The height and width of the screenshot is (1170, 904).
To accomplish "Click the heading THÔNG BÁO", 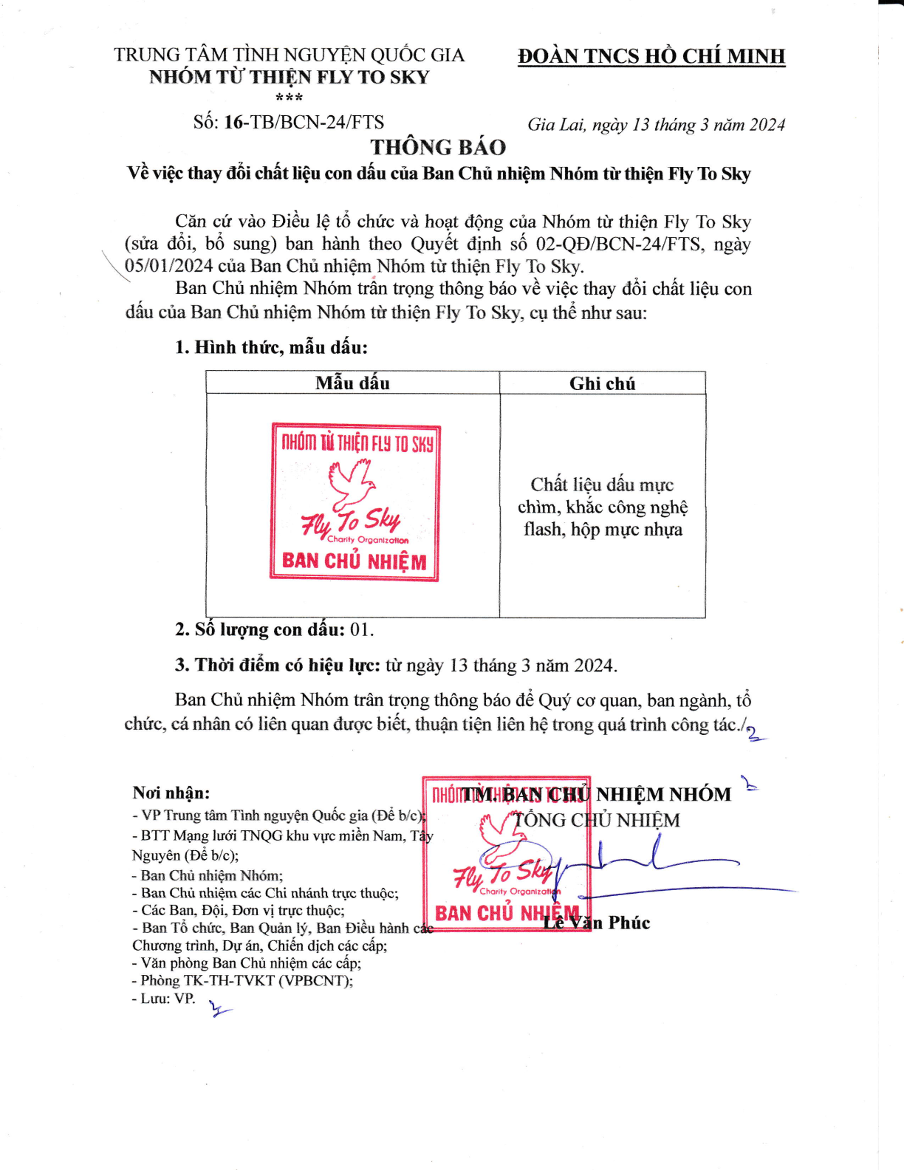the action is tap(438, 147).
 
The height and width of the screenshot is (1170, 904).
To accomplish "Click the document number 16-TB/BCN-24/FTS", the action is tap(304, 122).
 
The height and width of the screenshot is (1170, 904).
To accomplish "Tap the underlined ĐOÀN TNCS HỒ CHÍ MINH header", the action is tap(651, 56).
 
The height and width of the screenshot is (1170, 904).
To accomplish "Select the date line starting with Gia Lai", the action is tap(657, 125).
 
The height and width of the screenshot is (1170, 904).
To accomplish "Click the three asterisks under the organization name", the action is tap(289, 98).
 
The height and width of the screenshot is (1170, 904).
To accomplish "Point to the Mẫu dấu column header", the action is tap(352, 383).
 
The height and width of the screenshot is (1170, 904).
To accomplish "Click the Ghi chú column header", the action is tap(603, 383).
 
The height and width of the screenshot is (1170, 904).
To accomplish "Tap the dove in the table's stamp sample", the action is tap(351, 485).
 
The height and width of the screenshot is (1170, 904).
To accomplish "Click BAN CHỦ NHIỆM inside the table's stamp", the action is tap(355, 561).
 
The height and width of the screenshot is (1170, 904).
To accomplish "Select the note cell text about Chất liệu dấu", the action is tap(603, 507).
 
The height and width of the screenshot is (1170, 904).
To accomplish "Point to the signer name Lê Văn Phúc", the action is tap(597, 923).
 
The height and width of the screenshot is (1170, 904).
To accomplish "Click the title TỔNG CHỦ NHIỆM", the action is tap(597, 820).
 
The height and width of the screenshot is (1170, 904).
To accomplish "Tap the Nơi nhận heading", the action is tap(171, 793).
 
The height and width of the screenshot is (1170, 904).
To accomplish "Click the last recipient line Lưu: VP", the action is tap(163, 998).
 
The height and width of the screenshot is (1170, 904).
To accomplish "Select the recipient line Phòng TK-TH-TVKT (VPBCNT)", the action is tap(242, 980).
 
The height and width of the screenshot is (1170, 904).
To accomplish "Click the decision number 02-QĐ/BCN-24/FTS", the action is tap(619, 244).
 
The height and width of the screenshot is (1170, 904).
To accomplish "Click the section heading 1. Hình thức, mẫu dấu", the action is tap(271, 348).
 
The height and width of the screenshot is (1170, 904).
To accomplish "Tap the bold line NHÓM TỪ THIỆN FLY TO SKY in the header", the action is tap(289, 77).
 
